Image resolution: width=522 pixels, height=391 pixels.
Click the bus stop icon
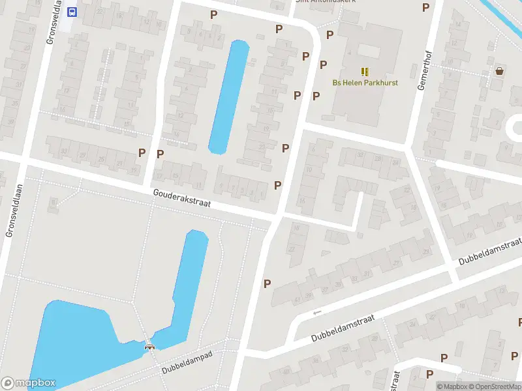[x=71, y=11]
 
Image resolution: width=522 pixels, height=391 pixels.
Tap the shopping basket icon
[x=499, y=71]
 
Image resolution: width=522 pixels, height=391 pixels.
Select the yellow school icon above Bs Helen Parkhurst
[x=365, y=72]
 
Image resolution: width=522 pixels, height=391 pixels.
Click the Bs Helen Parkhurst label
[x=365, y=83]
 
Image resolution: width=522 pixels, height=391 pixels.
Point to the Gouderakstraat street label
[x=182, y=198]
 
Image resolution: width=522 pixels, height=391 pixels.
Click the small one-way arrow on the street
[x=318, y=313]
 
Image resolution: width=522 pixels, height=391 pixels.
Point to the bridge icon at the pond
[x=150, y=347]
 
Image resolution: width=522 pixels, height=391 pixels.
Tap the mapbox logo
[x=29, y=383]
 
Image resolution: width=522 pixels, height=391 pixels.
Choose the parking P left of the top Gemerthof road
[x=426, y=7]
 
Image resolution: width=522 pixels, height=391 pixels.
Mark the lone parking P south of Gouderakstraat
[x=267, y=283]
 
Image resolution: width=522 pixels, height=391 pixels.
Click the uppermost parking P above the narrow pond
[x=213, y=14]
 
